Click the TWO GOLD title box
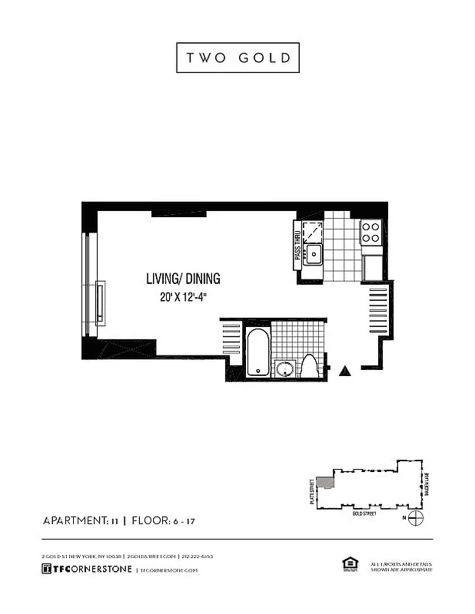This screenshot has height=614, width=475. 237,58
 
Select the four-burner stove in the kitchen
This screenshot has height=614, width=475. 371,232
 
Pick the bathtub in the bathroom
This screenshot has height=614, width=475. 257,352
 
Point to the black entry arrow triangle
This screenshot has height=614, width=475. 345,371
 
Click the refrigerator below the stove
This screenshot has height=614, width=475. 373,267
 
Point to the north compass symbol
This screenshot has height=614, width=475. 415,518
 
